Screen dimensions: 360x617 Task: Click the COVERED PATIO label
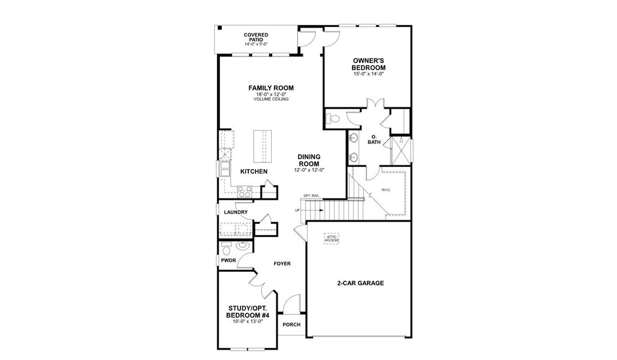click(255, 37)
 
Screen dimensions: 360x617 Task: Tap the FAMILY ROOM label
click(271, 88)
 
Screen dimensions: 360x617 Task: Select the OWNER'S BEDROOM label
click(368, 64)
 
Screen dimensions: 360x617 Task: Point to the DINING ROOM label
click(309, 160)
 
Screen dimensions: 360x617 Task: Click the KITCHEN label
click(254, 172)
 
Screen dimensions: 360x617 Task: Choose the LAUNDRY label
click(236, 212)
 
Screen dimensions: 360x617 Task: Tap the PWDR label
click(228, 260)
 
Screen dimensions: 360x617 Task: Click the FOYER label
click(282, 263)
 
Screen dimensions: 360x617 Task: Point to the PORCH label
click(291, 325)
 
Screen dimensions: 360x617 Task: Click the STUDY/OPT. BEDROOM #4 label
click(247, 312)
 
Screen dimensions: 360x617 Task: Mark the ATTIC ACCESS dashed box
click(332, 238)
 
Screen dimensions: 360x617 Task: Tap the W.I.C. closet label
click(386, 190)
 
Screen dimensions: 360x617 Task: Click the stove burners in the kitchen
click(245, 191)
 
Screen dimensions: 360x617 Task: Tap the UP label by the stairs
click(297, 211)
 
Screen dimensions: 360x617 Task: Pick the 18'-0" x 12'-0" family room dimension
click(271, 94)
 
